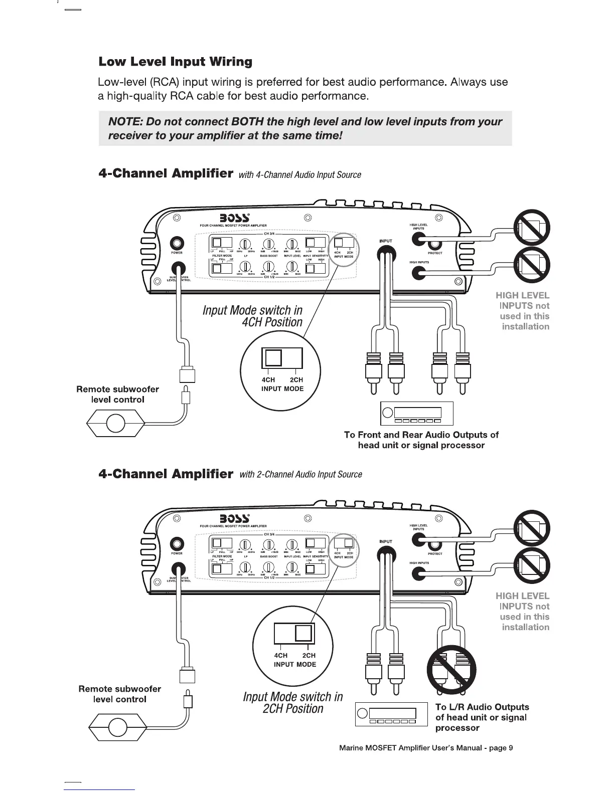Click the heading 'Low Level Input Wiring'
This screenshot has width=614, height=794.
175,62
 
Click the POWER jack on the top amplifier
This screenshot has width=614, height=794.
177,243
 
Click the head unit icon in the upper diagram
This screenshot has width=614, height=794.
417,413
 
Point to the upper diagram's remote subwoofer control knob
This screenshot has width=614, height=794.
116,424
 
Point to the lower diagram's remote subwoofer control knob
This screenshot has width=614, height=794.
117,726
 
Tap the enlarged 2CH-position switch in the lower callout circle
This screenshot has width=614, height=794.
294,634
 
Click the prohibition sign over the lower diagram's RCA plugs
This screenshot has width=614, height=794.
451,670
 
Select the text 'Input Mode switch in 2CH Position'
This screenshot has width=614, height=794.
293,703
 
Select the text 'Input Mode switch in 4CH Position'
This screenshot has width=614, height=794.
252,316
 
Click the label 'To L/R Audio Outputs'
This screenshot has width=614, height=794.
482,707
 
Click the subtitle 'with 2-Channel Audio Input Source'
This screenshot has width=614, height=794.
301,474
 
